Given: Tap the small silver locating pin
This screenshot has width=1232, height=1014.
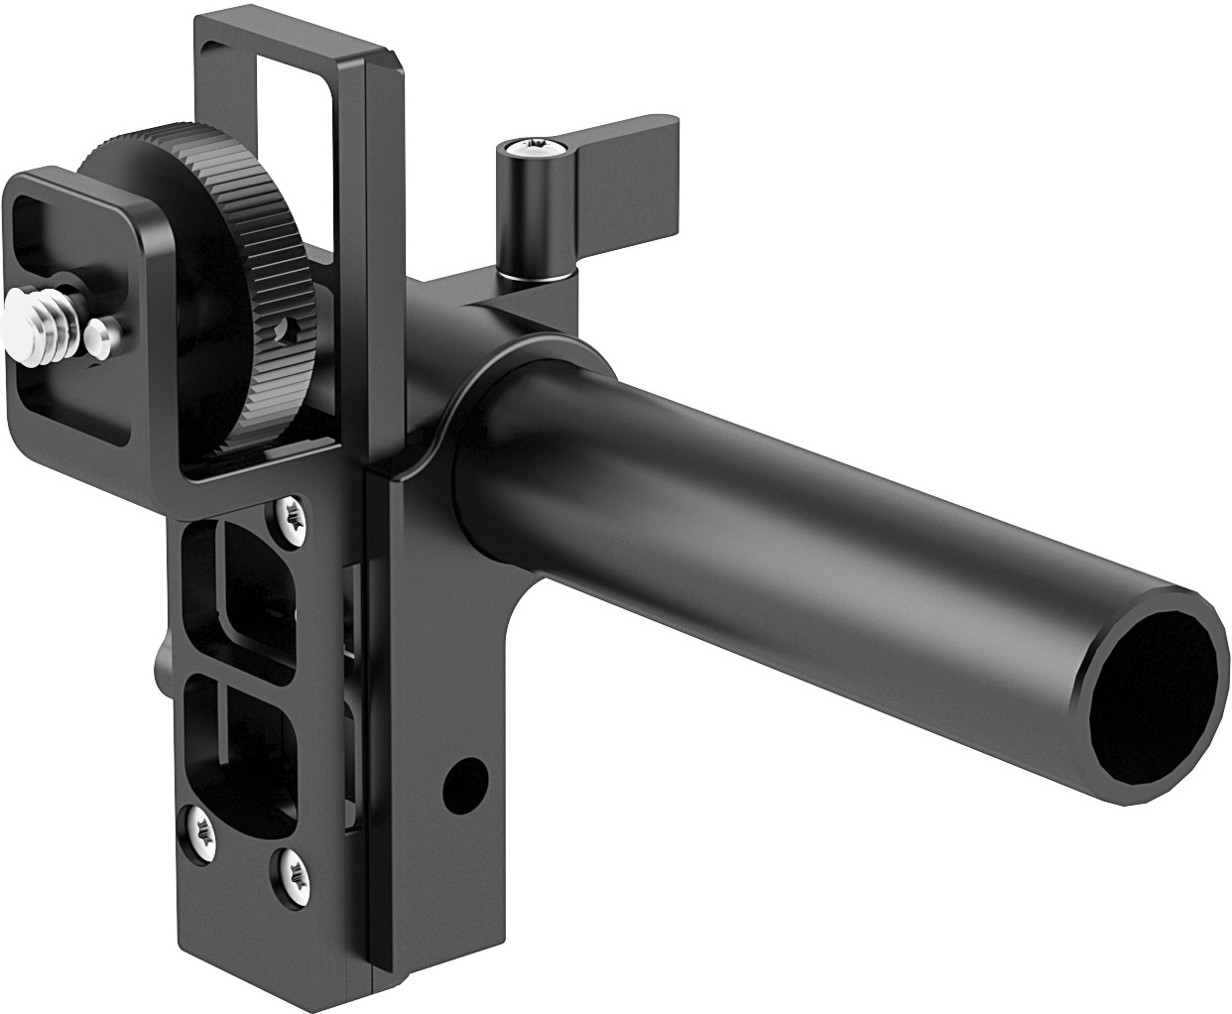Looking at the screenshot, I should coord(97,335).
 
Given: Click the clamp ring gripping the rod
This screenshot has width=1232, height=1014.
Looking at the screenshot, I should coord(466,417).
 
